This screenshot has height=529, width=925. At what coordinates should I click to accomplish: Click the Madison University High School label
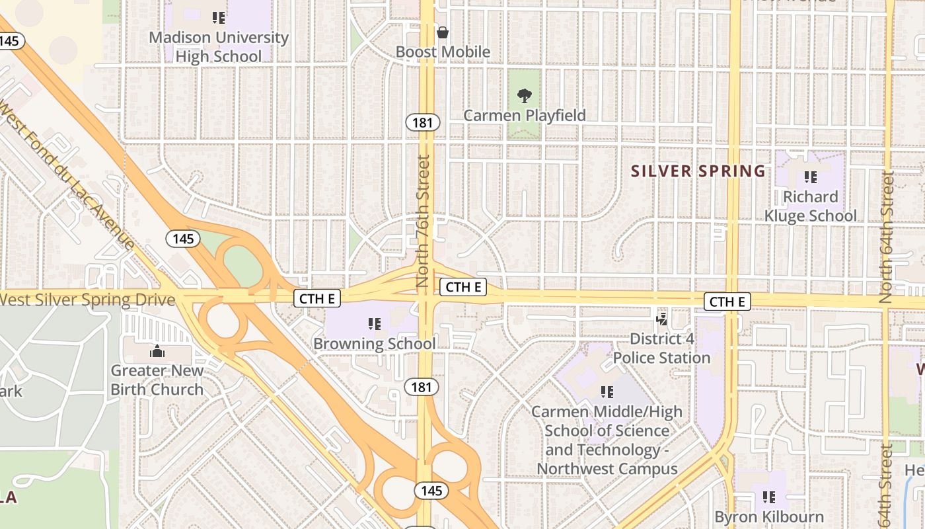pyautogui.click(x=219, y=47)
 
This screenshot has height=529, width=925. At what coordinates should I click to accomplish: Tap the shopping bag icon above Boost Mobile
pyautogui.click(x=443, y=32)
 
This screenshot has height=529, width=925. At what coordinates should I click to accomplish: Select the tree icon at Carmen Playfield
pyautogui.click(x=525, y=96)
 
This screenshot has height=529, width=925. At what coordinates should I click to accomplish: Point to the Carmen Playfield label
pyautogui.click(x=525, y=116)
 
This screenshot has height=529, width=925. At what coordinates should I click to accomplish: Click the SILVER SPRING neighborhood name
pyautogui.click(x=698, y=171)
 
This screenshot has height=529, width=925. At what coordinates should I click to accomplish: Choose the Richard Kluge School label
pyautogui.click(x=811, y=206)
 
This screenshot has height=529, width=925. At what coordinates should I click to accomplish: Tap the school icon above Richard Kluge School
pyautogui.click(x=811, y=177)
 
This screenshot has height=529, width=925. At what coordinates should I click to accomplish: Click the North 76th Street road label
pyautogui.click(x=424, y=222)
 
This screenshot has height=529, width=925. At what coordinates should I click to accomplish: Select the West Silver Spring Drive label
pyautogui.click(x=87, y=300)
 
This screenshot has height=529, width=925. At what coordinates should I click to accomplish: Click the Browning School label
pyautogui.click(x=375, y=344)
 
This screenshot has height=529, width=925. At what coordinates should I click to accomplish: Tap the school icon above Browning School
pyautogui.click(x=375, y=324)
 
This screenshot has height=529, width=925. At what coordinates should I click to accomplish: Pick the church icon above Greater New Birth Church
pyautogui.click(x=157, y=351)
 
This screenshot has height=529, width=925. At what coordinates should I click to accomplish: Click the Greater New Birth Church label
pyautogui.click(x=157, y=380)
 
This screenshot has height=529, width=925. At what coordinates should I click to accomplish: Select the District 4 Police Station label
pyautogui.click(x=661, y=348)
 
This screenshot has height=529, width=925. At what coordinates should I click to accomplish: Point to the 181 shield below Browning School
pyautogui.click(x=422, y=387)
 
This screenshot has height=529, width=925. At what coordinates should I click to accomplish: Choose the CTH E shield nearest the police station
pyautogui.click(x=727, y=302)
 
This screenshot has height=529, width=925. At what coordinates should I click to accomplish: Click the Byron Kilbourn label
pyautogui.click(x=769, y=517)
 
